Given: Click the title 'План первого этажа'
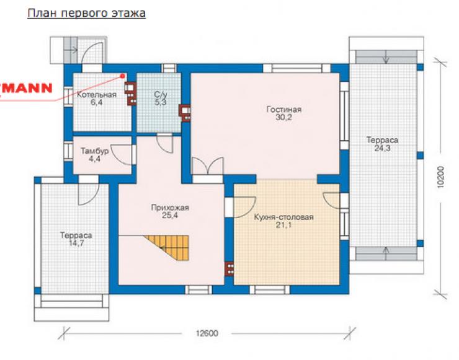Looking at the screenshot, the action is click(x=86, y=14).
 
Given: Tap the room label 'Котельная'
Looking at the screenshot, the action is click(x=97, y=94).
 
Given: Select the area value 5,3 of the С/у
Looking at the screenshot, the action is click(x=161, y=102).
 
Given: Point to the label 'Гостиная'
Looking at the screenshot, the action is click(x=283, y=110).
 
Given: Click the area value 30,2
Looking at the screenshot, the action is click(x=283, y=117).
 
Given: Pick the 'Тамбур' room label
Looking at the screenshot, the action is click(x=94, y=151).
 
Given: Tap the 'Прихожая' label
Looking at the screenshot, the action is click(x=170, y=208).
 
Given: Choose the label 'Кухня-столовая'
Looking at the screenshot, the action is click(x=283, y=217).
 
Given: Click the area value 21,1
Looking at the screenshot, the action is click(x=283, y=225).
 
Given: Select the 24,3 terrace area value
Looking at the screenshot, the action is click(x=382, y=148).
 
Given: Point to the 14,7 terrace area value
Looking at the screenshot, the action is click(x=76, y=243).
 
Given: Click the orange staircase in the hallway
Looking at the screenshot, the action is click(x=170, y=247).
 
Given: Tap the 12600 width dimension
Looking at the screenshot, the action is click(x=207, y=333).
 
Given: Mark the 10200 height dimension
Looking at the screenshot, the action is click(x=440, y=177).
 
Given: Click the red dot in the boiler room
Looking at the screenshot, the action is click(x=123, y=76).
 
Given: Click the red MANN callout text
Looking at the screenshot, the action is click(x=26, y=88).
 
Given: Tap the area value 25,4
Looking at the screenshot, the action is click(x=170, y=216).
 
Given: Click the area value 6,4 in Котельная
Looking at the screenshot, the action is click(x=97, y=102).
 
